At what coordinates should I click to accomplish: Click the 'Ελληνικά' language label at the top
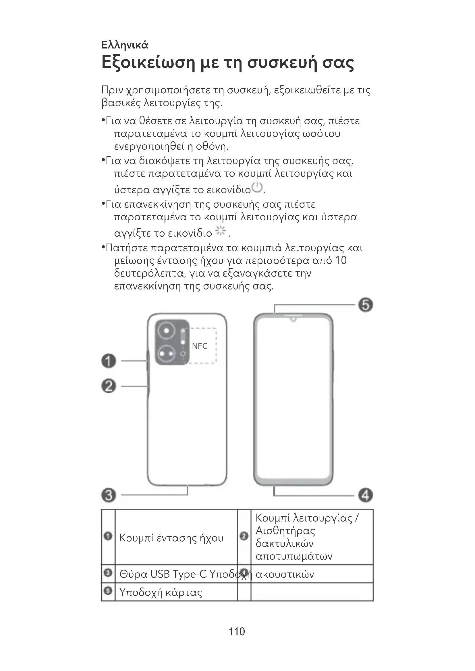pos(125,45)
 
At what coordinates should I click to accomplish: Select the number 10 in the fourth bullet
pos(341,260)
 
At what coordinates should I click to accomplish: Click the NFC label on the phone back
pos(200,346)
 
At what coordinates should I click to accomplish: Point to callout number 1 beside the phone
pos(109,361)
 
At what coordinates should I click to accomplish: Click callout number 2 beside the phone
pos(109,386)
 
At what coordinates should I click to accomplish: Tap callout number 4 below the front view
pos(366,495)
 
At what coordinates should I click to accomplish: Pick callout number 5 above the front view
pos(366,305)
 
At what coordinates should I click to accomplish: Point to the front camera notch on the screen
pos(293,319)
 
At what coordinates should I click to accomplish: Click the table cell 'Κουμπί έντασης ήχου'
pos(171,538)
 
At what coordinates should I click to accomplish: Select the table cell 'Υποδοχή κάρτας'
pos(161,593)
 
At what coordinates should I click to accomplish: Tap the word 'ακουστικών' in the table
pos(285,574)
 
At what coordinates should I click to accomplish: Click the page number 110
pos(237,631)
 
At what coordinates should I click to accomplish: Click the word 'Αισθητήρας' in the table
pos(285,530)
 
